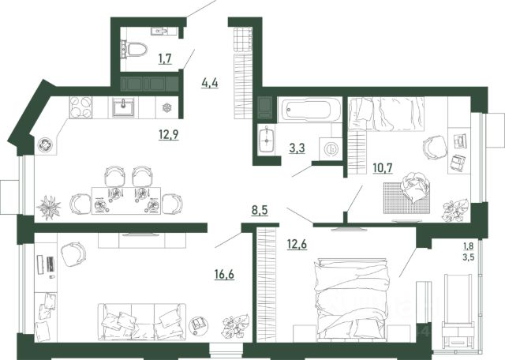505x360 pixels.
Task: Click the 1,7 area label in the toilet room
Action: (x=165, y=59)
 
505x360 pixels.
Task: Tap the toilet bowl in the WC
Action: (x=134, y=49)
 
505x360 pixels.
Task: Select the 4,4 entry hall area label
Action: (x=210, y=83)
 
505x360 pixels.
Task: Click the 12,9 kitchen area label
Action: (x=168, y=134)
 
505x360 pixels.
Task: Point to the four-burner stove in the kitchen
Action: (x=80, y=107)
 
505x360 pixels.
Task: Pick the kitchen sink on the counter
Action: (x=123, y=107)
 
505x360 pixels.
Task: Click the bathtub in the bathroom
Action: (x=309, y=110)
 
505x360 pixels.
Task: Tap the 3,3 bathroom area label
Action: (x=297, y=148)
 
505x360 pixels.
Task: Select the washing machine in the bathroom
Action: (x=331, y=148)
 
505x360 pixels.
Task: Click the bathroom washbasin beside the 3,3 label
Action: (x=267, y=141)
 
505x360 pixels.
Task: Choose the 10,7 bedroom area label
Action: (x=383, y=168)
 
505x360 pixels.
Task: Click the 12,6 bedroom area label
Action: (x=297, y=244)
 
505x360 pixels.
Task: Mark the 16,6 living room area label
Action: (x=224, y=275)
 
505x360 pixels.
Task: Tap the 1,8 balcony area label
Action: (x=469, y=246)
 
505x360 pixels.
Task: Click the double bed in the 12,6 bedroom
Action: (x=352, y=299)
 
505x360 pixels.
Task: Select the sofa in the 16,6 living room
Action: (x=142, y=321)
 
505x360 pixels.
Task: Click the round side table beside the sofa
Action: (x=198, y=323)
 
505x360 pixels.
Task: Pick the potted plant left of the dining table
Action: (x=49, y=208)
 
